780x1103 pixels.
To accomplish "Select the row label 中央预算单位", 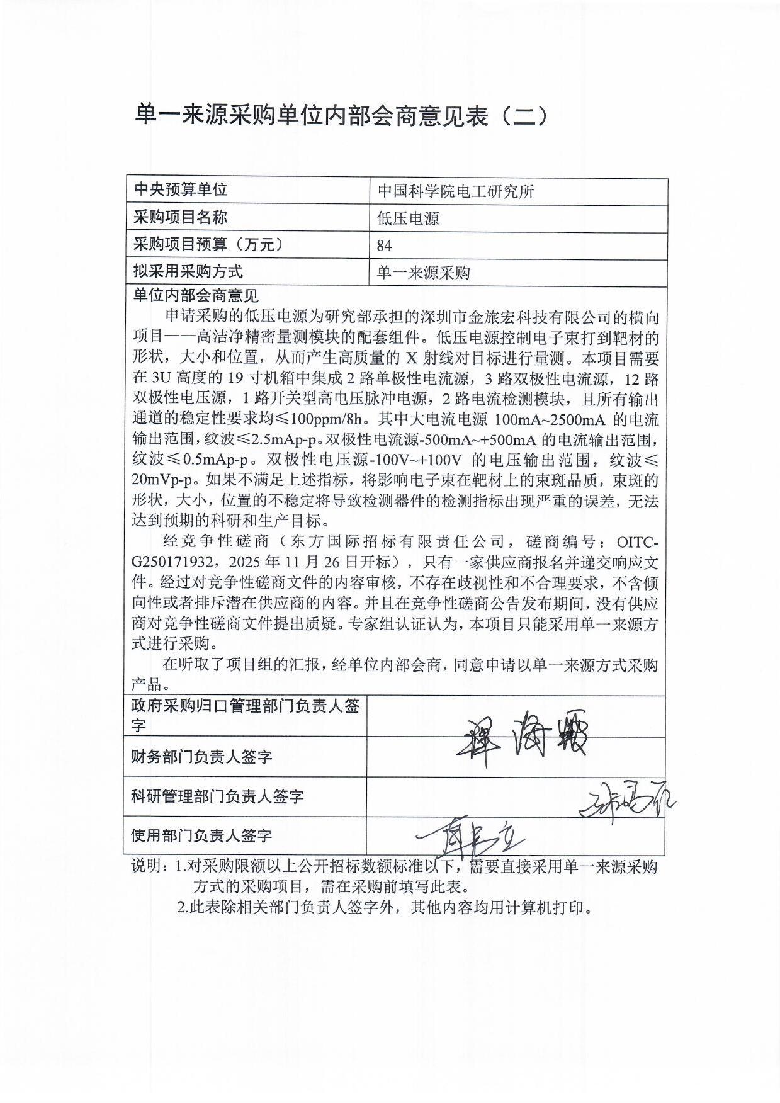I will click(181, 190).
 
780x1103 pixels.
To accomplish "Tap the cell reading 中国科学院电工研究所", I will click(456, 191).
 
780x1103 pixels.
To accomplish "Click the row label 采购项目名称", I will click(181, 218).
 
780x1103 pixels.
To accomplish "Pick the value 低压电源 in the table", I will click(408, 218).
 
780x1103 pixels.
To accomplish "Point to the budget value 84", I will click(384, 246).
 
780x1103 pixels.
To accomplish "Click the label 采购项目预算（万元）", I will click(208, 245).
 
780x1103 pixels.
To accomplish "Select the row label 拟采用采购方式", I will click(188, 272).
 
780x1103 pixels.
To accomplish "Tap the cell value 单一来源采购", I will click(424, 273).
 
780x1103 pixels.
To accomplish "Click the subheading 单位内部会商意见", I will click(196, 295).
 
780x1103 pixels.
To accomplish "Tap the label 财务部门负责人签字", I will click(201, 756).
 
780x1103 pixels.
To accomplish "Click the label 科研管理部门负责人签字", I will click(217, 796).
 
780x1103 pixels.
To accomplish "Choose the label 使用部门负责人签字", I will click(201, 835).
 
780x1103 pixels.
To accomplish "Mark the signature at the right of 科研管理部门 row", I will click(626, 801).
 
